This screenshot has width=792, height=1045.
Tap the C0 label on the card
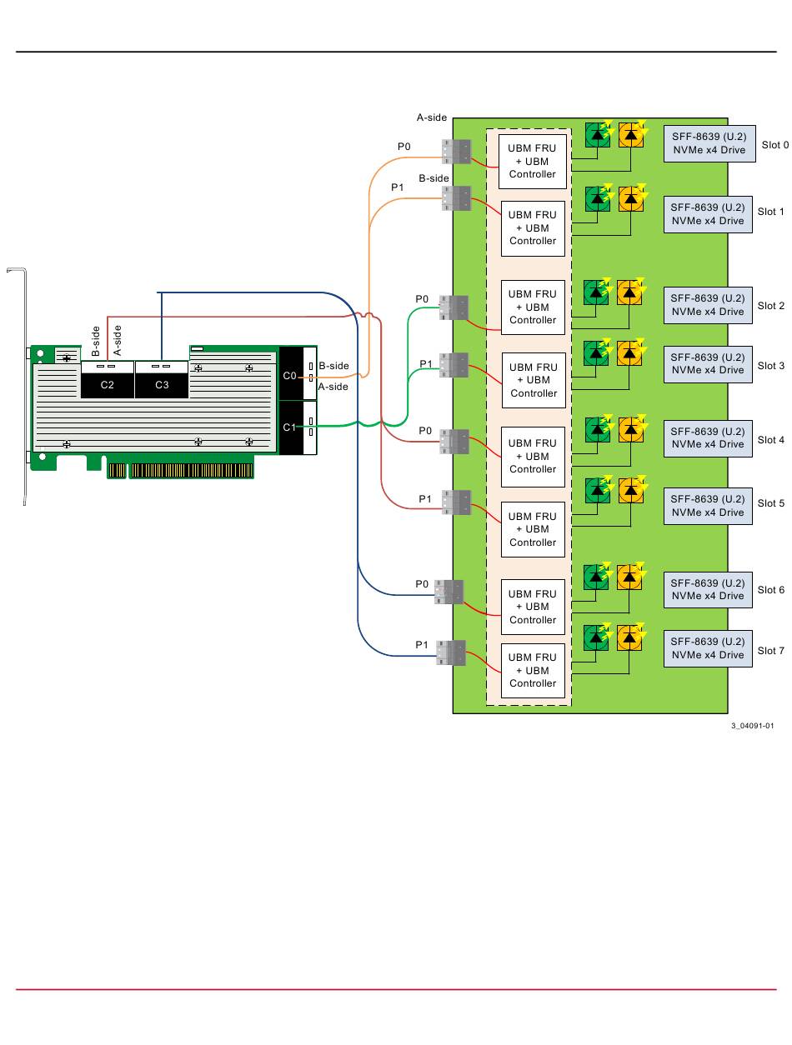click(x=288, y=376)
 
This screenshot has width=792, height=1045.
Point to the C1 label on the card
click(x=288, y=427)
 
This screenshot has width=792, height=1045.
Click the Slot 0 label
click(x=774, y=145)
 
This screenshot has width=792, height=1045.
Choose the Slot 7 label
click(x=770, y=651)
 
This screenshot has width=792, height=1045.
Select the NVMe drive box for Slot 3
click(x=708, y=364)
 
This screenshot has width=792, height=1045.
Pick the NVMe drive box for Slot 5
click(x=708, y=506)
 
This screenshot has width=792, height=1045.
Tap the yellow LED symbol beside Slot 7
click(x=630, y=638)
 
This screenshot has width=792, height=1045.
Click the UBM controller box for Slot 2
click(x=533, y=307)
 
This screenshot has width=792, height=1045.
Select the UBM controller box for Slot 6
click(x=533, y=607)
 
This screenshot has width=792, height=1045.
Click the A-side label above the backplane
click(x=432, y=118)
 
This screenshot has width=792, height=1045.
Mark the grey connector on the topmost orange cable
click(x=455, y=151)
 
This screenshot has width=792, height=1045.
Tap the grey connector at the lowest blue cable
click(x=450, y=652)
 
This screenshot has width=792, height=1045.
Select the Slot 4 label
click(x=770, y=440)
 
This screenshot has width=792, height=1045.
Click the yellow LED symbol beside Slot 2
click(x=630, y=292)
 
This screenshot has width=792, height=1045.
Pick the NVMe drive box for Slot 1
click(x=708, y=215)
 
